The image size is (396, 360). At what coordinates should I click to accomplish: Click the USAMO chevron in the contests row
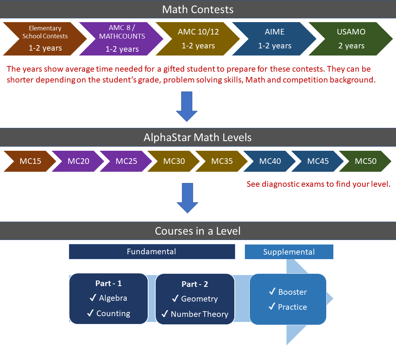pyautogui.click(x=351, y=39)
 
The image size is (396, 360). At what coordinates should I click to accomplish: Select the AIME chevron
pyautogui.click(x=274, y=39)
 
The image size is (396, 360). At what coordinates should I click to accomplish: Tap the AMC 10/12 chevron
pyautogui.click(x=198, y=39)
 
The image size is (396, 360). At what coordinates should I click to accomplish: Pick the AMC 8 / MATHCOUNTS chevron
pyautogui.click(x=121, y=39)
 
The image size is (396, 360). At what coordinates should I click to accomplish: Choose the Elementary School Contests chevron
pyautogui.click(x=45, y=39)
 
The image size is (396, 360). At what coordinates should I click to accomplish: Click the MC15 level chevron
pyautogui.click(x=30, y=161)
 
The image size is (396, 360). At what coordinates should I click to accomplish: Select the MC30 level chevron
pyautogui.click(x=174, y=161)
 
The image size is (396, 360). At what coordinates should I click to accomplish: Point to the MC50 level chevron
pyautogui.click(x=366, y=161)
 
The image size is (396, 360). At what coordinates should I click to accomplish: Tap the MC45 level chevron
pyautogui.click(x=318, y=161)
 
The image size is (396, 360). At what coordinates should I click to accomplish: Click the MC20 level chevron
pyautogui.click(x=78, y=161)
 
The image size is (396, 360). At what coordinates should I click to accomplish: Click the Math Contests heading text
pyautogui.click(x=198, y=9)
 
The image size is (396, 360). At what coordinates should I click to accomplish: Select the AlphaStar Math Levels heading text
pyautogui.click(x=198, y=137)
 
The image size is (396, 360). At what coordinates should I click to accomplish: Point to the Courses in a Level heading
pyautogui.click(x=198, y=231)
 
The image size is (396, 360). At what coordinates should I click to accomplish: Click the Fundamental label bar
pyautogui.click(x=151, y=252)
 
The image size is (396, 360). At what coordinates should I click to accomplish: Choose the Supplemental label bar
pyautogui.click(x=289, y=252)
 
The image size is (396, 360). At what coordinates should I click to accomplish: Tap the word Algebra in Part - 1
pyautogui.click(x=113, y=298)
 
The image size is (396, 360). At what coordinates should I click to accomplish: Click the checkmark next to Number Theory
pyautogui.click(x=165, y=314)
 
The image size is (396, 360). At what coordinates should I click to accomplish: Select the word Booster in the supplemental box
pyautogui.click(x=292, y=292)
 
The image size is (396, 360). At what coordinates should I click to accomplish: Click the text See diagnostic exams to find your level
pyautogui.click(x=318, y=184)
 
